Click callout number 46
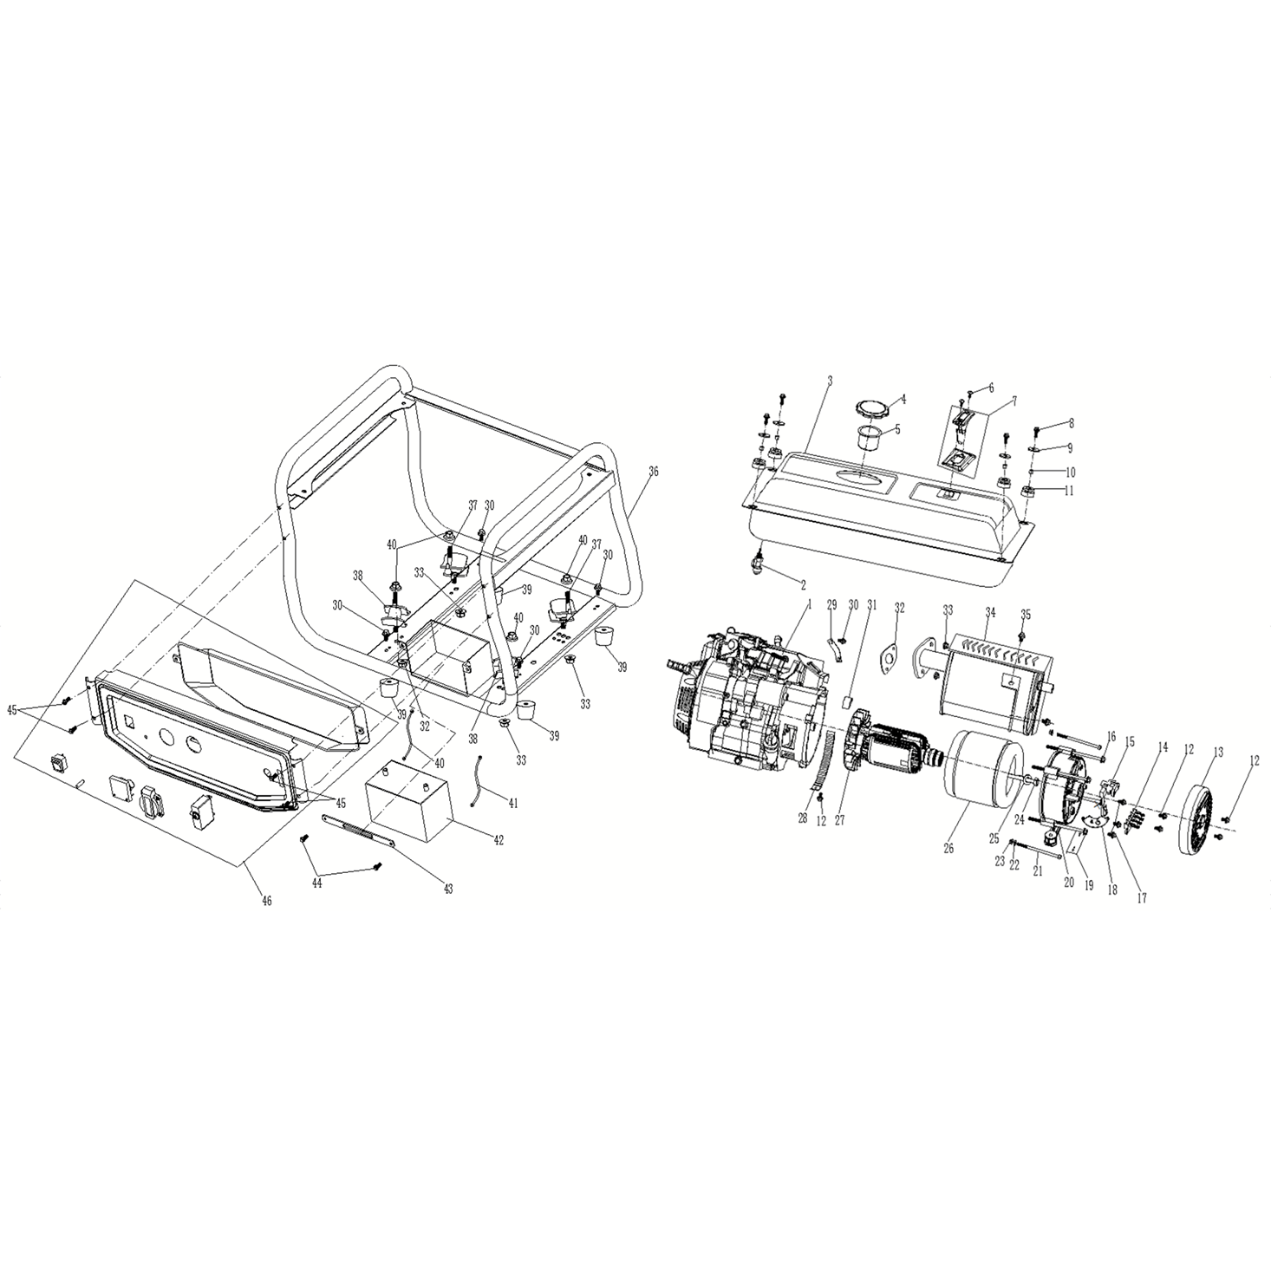[x=267, y=900]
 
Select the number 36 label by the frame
[x=653, y=472]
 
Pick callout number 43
[x=448, y=890]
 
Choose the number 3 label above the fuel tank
[x=830, y=381]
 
